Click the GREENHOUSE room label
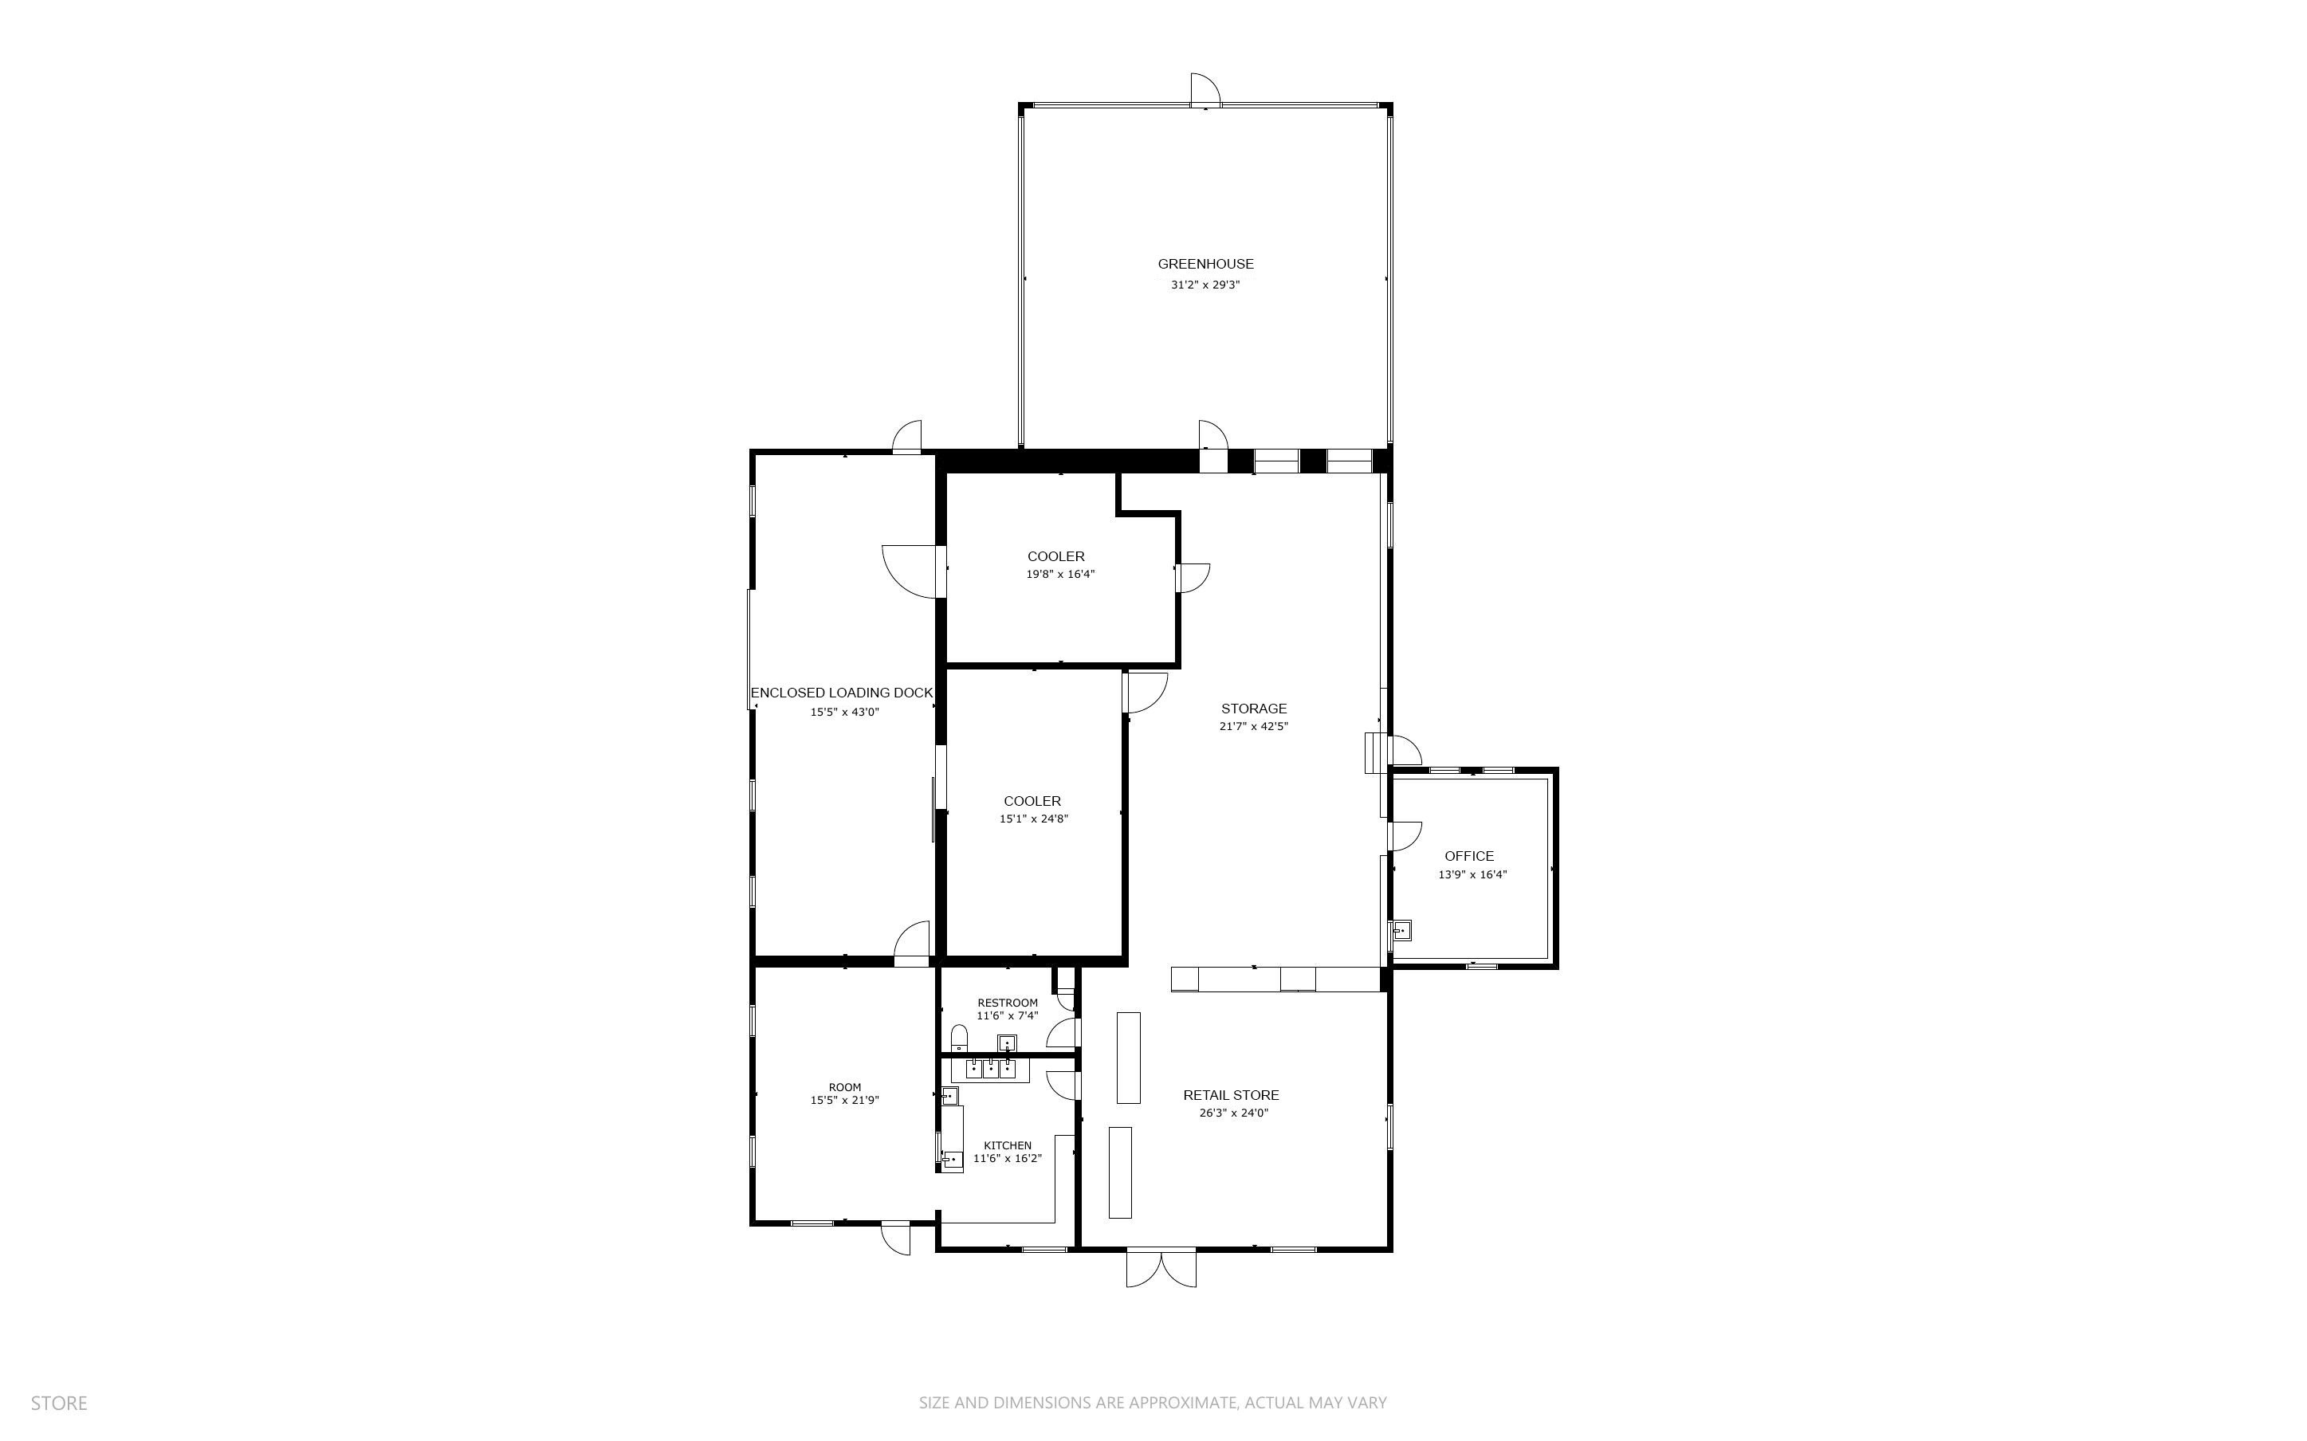point(1205,264)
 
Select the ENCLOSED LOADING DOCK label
point(842,693)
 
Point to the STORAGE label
point(1254,708)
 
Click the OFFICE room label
point(1469,856)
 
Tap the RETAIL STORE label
point(1231,1095)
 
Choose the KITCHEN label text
point(1008,1145)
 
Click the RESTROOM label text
point(1008,1003)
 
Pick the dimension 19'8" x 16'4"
point(1060,575)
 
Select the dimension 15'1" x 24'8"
point(1034,819)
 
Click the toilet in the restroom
point(960,1037)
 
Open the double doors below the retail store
point(1161,1269)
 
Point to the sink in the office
point(1401,929)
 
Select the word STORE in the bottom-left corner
point(59,1403)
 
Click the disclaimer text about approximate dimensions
point(1153,1403)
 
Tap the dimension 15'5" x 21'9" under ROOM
point(844,1100)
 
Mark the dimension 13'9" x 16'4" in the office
point(1472,875)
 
